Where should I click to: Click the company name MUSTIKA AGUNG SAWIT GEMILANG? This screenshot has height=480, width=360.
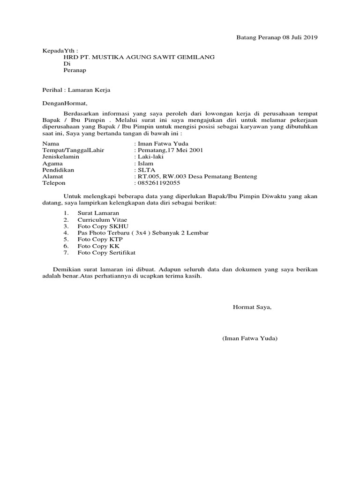point(153,57)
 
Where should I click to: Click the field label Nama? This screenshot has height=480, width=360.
point(51,143)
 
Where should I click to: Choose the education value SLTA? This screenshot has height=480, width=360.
point(145,170)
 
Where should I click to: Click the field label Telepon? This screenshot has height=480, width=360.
point(54,183)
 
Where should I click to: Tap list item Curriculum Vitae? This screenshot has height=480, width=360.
point(102,219)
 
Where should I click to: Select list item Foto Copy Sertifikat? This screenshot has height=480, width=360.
point(106,252)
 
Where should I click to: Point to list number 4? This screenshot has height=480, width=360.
point(67,232)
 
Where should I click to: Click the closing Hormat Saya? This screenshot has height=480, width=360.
point(252,307)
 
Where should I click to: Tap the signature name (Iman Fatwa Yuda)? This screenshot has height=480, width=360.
point(250,338)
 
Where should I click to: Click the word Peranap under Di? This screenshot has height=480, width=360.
point(75,70)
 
